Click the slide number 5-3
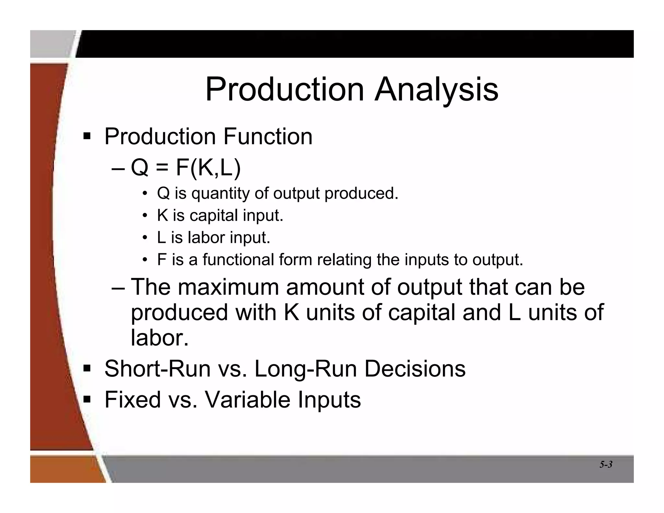click(606, 464)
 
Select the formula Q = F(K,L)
click(185, 168)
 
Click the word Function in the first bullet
click(268, 136)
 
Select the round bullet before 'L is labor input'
click(145, 238)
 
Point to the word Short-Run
click(157, 369)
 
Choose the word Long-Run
click(305, 369)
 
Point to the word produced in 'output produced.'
click(361, 194)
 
